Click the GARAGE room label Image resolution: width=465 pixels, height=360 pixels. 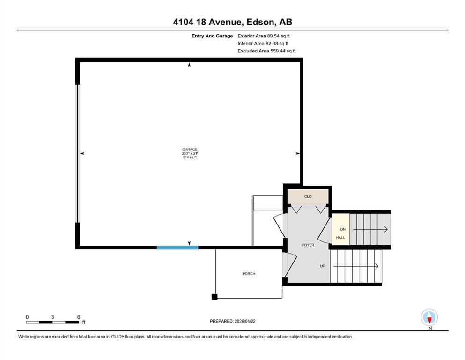click(190, 150)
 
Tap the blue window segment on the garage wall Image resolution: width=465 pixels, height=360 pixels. click(177, 247)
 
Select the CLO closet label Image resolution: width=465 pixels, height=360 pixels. click(308, 196)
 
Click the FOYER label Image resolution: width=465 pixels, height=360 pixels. click(308, 245)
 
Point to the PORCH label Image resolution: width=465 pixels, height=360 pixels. click(249, 274)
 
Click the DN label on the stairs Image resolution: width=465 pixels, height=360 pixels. click(343, 229)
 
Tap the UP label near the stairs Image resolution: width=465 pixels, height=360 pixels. click(323, 266)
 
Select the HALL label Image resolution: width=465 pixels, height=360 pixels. click(340, 238)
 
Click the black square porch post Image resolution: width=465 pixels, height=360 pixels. click(214, 297)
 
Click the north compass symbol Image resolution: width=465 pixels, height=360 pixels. click(429, 317)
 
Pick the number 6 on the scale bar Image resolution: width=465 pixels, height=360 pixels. click(79, 317)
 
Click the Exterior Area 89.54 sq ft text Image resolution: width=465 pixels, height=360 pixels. click(264, 36)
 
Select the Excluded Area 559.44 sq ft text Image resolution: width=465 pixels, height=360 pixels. click(266, 51)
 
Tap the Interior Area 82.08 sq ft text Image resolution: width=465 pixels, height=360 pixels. click(263, 43)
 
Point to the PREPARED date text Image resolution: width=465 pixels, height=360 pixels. click(232, 321)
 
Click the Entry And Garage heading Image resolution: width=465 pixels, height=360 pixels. click(212, 36)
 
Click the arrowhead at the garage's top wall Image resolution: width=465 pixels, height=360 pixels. click(189, 64)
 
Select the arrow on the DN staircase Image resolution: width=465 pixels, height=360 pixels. click(370, 229)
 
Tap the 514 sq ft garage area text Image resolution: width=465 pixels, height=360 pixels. click(190, 157)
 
